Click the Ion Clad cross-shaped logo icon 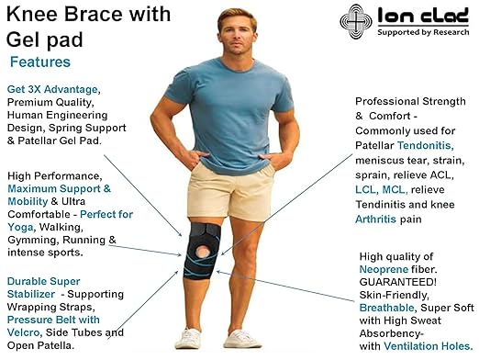(356, 19)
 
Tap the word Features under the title (41, 62)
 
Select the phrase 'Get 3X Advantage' (51, 88)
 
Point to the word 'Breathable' (384, 298)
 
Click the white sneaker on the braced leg (189, 339)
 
